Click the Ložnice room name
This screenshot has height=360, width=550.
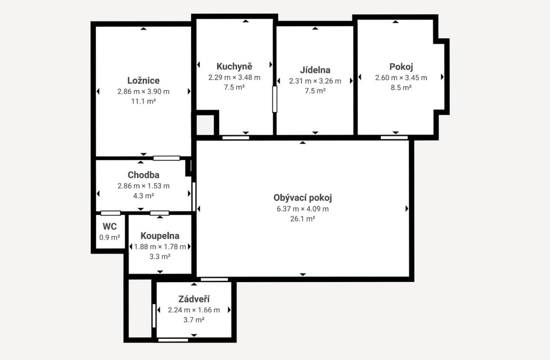[x=143, y=81]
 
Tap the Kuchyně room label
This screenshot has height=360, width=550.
[x=234, y=66]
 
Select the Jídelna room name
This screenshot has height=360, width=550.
[x=315, y=70]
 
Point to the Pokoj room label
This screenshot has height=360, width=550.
[x=401, y=67]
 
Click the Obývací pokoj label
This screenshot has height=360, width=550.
[x=302, y=198]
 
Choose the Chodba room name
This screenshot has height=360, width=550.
[x=143, y=175]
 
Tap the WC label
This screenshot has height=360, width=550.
[x=110, y=226]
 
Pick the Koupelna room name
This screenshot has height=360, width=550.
[x=160, y=236]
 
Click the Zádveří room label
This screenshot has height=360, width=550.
[x=194, y=299]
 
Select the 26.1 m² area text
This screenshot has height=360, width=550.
[x=302, y=219]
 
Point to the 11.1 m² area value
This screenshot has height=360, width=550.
[x=143, y=101]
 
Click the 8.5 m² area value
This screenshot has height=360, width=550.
[x=401, y=88]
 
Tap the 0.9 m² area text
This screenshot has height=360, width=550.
[x=110, y=237]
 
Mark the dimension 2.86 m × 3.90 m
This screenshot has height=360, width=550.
[x=143, y=92]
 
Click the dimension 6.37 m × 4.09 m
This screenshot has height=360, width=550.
[x=302, y=209]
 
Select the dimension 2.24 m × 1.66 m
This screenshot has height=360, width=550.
[x=194, y=310]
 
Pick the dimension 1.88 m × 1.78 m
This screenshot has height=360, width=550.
[x=160, y=247]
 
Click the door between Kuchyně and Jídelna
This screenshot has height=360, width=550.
[x=275, y=99]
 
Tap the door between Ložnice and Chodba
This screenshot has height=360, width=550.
[x=167, y=158]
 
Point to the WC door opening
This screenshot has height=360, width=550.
[x=110, y=213]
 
